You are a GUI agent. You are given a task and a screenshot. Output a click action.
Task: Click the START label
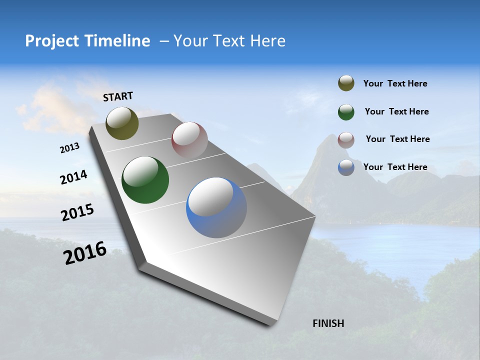pyautogui.click(x=118, y=96)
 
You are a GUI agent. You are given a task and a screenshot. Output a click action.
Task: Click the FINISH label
pyautogui.click(x=328, y=323)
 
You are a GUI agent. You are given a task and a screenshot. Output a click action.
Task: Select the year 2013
pyautogui.click(x=70, y=148)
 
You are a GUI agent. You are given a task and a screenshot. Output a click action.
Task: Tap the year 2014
pyautogui.click(x=73, y=177)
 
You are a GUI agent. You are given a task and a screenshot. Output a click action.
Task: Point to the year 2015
pyautogui.click(x=77, y=212)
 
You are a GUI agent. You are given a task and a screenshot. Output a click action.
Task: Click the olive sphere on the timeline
pyautogui.click(x=122, y=123)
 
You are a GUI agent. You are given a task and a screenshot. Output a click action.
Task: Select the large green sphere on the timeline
pyautogui.click(x=145, y=180)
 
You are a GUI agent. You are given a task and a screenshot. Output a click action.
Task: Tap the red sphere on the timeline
pyautogui.click(x=189, y=140)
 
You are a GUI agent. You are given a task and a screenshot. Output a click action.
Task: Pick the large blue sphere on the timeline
pyautogui.click(x=216, y=207)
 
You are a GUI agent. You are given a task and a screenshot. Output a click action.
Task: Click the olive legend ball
pyautogui.click(x=346, y=83)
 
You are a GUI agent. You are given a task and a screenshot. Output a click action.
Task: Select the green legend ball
pyautogui.click(x=346, y=111)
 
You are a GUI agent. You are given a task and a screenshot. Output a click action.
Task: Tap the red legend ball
pyautogui.click(x=346, y=139)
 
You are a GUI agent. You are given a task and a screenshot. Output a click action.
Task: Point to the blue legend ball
pyautogui.click(x=346, y=167)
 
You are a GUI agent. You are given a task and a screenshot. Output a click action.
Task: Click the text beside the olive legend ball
pyautogui.click(x=395, y=84)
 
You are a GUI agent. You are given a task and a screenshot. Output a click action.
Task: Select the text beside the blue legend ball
pyautogui.click(x=395, y=167)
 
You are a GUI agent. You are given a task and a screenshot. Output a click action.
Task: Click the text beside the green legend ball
pyautogui.click(x=396, y=111)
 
